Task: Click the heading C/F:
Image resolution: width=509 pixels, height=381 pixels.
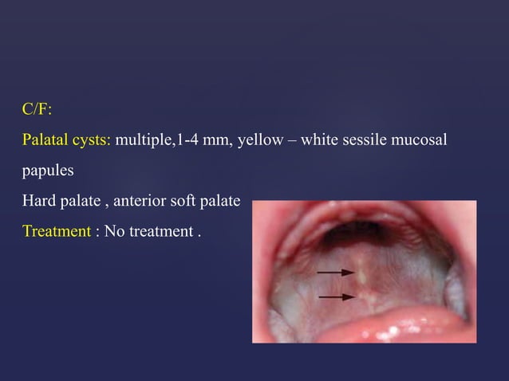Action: (x=37, y=109)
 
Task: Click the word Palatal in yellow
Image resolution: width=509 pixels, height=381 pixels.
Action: (x=45, y=141)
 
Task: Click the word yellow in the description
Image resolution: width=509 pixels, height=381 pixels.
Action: (x=261, y=141)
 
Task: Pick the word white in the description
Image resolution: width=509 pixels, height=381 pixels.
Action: (x=322, y=141)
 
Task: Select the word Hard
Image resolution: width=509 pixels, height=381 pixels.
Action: (x=37, y=201)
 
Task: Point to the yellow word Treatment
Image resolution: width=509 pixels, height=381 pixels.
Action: (x=56, y=231)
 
